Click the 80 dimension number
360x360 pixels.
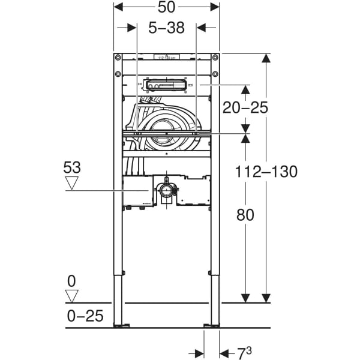tap(245, 214)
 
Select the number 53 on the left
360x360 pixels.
tap(72, 167)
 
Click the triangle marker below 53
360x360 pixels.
tap(73, 183)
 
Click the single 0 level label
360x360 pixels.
tap(73, 280)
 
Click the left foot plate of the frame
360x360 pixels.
tap(122, 326)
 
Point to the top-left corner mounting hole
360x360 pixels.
tap(118, 58)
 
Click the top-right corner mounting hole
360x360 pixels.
tap(215, 58)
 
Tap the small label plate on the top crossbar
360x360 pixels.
tap(166, 58)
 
